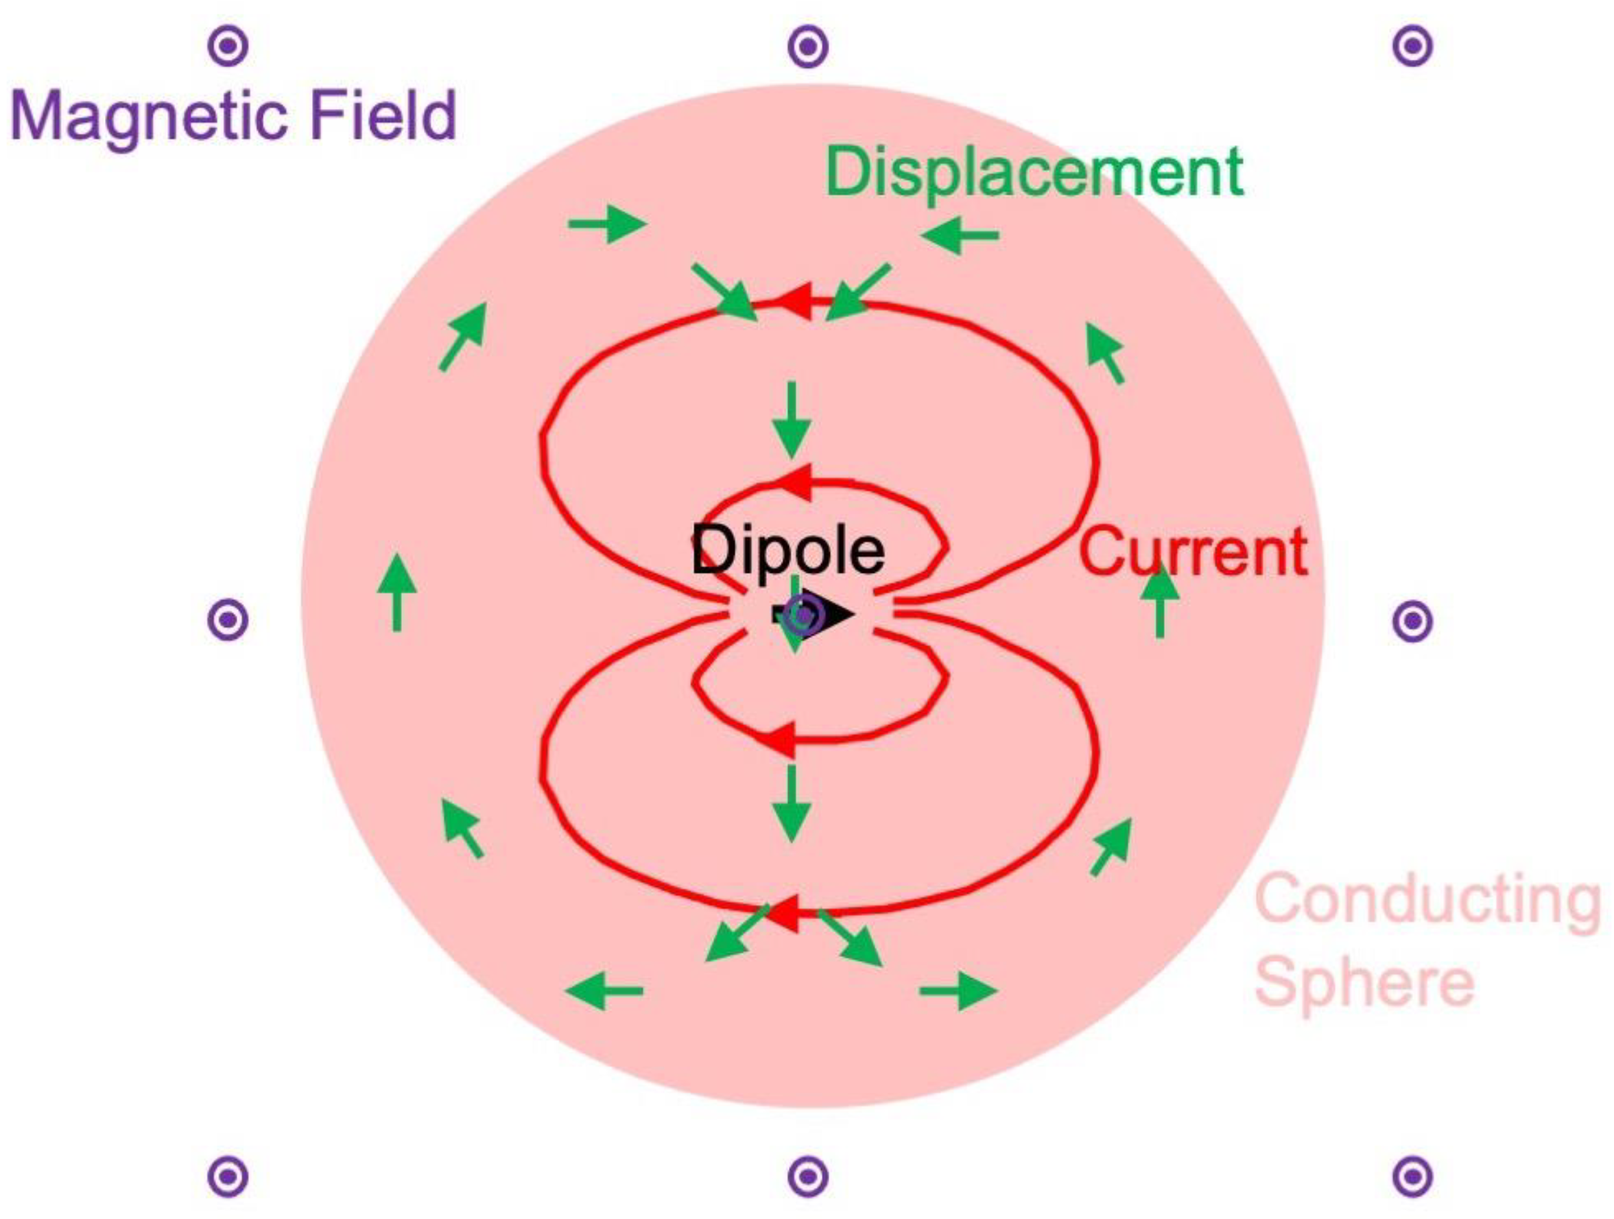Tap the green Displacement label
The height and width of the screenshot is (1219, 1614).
click(x=1034, y=174)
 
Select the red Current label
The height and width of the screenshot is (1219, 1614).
click(x=1194, y=552)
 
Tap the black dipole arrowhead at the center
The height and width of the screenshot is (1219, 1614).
click(x=835, y=614)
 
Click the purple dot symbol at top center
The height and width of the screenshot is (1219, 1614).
click(x=808, y=47)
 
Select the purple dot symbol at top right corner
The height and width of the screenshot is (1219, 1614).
click(x=1412, y=47)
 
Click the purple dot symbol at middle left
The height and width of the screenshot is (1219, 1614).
click(x=228, y=620)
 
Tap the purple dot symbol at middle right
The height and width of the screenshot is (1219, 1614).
click(x=1412, y=621)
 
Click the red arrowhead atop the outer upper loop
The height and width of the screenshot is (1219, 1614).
click(x=795, y=300)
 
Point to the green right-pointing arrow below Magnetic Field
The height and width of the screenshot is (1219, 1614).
click(x=607, y=223)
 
